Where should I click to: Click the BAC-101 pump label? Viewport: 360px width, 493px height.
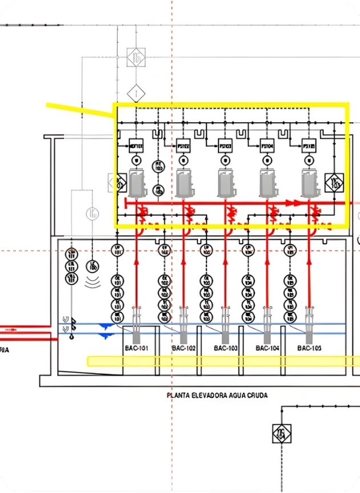[x=136, y=347]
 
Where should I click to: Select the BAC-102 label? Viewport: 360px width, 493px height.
[x=183, y=347]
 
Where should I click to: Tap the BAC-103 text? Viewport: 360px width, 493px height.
[x=225, y=347]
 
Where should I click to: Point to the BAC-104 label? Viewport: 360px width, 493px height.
[x=268, y=347]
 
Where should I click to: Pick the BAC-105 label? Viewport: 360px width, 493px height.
[x=309, y=347]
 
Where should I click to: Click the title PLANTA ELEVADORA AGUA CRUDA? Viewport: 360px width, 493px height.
[x=217, y=395]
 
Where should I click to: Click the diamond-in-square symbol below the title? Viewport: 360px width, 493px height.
[x=281, y=434]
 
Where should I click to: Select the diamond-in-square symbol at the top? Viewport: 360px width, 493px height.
[x=136, y=56]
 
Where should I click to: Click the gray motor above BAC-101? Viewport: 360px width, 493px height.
[x=137, y=183]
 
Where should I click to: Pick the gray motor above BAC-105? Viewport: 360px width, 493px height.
[x=310, y=183]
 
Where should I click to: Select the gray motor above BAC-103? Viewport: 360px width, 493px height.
[x=226, y=183]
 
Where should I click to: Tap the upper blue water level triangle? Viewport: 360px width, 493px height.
[x=104, y=326]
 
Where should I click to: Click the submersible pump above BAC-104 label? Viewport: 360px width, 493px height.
[x=267, y=320]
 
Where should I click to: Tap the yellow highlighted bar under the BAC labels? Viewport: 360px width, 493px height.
[x=223, y=361]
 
